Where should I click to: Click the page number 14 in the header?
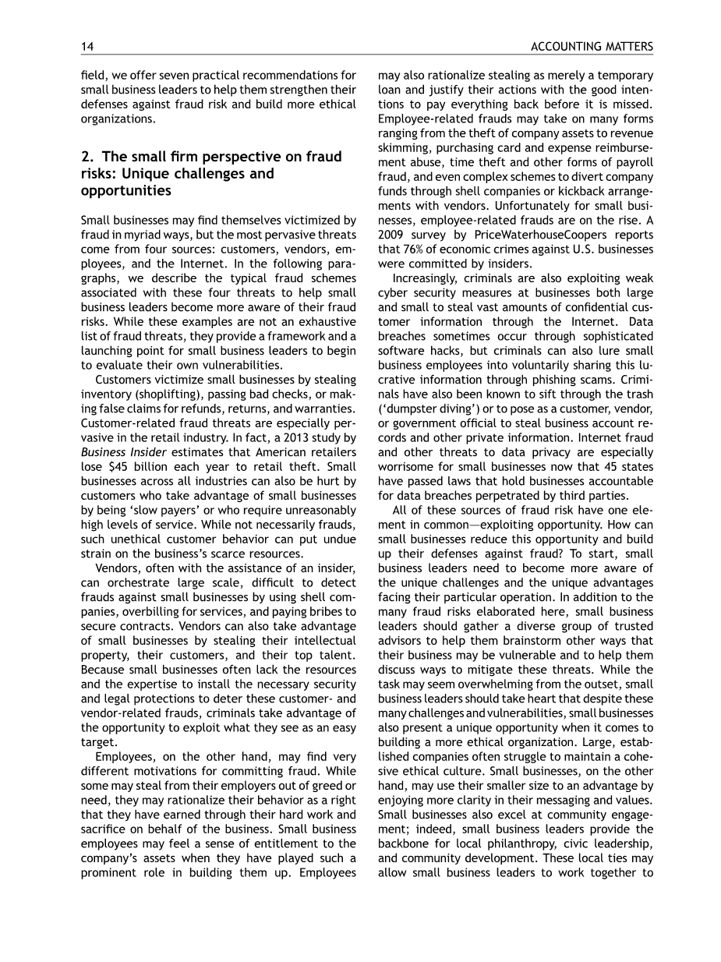point(87,48)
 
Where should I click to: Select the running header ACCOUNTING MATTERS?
point(592,48)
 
